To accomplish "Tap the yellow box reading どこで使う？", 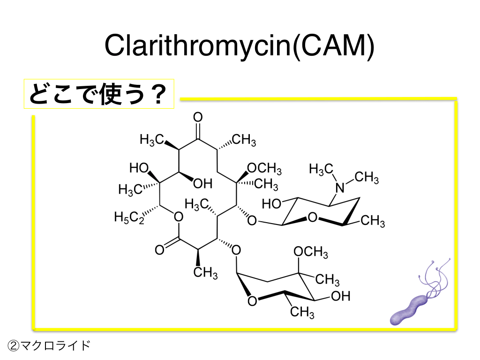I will (99, 93).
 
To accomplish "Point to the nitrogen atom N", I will (340, 188).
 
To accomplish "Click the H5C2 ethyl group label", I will (129, 217).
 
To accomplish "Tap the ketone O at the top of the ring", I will (198, 116).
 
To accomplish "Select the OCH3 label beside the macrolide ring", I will (264, 168).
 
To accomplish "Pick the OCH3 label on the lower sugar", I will (310, 252).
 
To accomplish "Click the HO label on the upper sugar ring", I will (272, 204).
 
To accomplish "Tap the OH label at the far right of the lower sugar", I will (341, 296).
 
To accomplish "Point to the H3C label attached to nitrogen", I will (321, 169).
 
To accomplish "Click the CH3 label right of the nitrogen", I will (367, 178).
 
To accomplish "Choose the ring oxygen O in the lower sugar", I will (252, 300).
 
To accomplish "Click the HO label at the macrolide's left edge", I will (139, 167).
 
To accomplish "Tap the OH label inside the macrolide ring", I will (202, 183).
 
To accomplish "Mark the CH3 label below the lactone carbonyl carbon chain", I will (206, 272).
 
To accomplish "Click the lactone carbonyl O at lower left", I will (159, 250).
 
